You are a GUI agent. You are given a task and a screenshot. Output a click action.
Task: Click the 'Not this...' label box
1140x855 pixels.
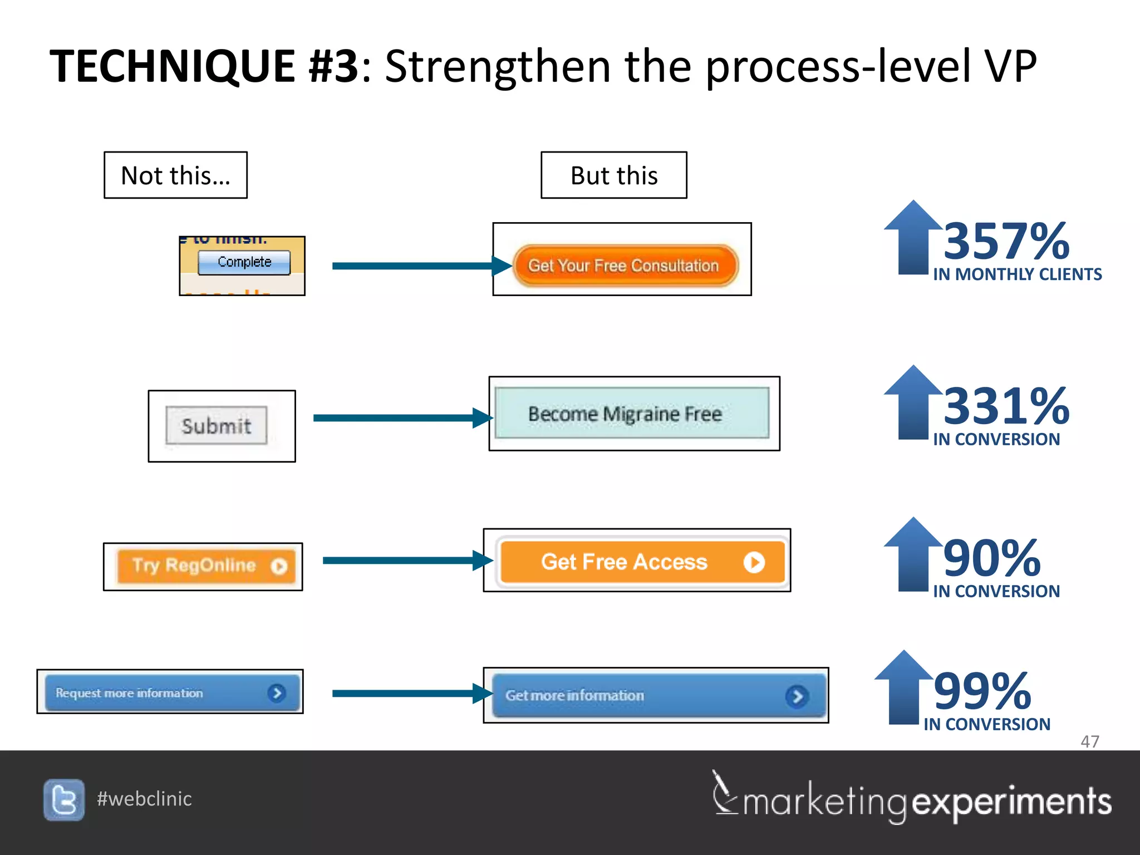(x=175, y=175)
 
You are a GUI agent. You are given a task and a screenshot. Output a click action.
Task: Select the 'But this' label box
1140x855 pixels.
(x=613, y=175)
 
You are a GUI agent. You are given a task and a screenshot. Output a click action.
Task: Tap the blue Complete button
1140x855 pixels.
(x=244, y=262)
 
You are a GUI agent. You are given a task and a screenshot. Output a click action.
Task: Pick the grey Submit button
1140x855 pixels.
(x=216, y=426)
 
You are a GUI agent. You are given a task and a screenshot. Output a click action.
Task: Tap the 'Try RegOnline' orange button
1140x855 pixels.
(x=206, y=566)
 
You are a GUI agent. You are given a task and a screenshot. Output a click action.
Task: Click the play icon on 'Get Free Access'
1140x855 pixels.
(x=754, y=562)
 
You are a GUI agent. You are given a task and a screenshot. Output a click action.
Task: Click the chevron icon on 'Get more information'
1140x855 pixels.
(x=797, y=696)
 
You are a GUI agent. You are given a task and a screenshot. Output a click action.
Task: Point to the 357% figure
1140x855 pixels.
(x=1006, y=241)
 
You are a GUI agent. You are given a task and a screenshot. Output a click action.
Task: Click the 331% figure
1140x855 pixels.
(x=1006, y=406)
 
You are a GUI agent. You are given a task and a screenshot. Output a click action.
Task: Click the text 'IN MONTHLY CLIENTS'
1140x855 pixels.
(x=1017, y=274)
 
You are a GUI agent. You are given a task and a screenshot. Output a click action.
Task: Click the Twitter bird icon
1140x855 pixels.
(x=64, y=800)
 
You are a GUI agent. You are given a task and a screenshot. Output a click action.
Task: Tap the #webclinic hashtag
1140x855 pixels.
(x=144, y=799)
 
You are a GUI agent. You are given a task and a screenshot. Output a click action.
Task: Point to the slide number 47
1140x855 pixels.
(x=1089, y=741)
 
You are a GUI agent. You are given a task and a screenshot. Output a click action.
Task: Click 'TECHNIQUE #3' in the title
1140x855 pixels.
(x=204, y=66)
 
